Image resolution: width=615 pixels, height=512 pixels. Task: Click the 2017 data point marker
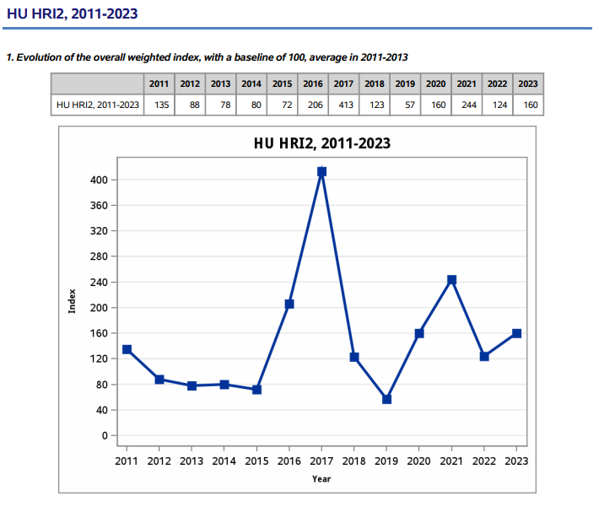[x=321, y=172]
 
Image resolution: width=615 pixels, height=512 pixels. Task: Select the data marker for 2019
[x=386, y=399]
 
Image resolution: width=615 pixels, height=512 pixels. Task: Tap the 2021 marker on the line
[x=451, y=280]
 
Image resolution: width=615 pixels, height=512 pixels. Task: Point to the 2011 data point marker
[x=127, y=349]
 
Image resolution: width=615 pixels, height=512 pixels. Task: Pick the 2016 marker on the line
[x=289, y=304]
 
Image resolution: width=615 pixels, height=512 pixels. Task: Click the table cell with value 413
[x=344, y=105]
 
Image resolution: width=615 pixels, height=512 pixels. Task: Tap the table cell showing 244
[x=466, y=105]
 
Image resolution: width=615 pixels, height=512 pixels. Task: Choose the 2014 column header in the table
[x=251, y=84]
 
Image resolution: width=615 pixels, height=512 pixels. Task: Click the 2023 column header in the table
[x=527, y=84]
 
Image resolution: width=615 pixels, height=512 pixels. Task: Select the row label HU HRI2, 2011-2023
[x=98, y=105]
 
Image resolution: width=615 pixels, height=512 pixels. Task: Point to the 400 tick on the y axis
[x=98, y=180]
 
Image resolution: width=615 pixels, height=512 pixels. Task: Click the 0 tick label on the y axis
[x=105, y=435]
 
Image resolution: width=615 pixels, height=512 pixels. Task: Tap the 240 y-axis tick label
[x=98, y=283]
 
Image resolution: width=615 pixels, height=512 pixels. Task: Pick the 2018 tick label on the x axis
[x=353, y=461]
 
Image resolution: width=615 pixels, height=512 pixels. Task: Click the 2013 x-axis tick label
[x=192, y=461]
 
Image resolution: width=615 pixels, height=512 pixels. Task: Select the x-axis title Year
[x=321, y=478]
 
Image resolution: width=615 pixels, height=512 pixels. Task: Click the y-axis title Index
[x=73, y=301]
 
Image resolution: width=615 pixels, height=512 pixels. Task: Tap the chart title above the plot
[x=322, y=143]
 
